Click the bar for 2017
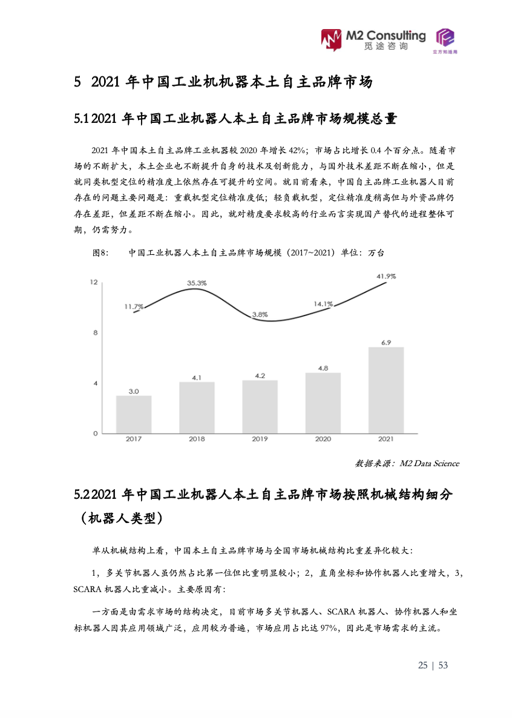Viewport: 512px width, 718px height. click(x=134, y=414)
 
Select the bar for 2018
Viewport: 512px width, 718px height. click(x=197, y=407)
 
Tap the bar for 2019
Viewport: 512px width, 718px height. click(x=260, y=406)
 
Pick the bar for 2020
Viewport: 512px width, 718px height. click(x=323, y=403)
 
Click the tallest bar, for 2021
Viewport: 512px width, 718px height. click(x=386, y=390)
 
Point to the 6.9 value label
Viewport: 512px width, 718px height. click(x=386, y=342)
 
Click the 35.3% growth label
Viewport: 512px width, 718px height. click(x=197, y=283)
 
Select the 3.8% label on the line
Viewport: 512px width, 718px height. click(x=260, y=314)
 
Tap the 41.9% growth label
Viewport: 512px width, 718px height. click(x=386, y=276)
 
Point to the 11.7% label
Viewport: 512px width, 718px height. click(x=134, y=306)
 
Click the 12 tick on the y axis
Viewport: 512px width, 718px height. click(x=94, y=282)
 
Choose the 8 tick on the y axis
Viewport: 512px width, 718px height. click(x=95, y=332)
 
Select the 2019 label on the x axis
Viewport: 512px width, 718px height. click(x=260, y=439)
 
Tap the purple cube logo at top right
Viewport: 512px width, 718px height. click(x=446, y=40)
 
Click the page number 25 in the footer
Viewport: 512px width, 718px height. click(x=422, y=665)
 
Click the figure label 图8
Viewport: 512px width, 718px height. click(x=100, y=254)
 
